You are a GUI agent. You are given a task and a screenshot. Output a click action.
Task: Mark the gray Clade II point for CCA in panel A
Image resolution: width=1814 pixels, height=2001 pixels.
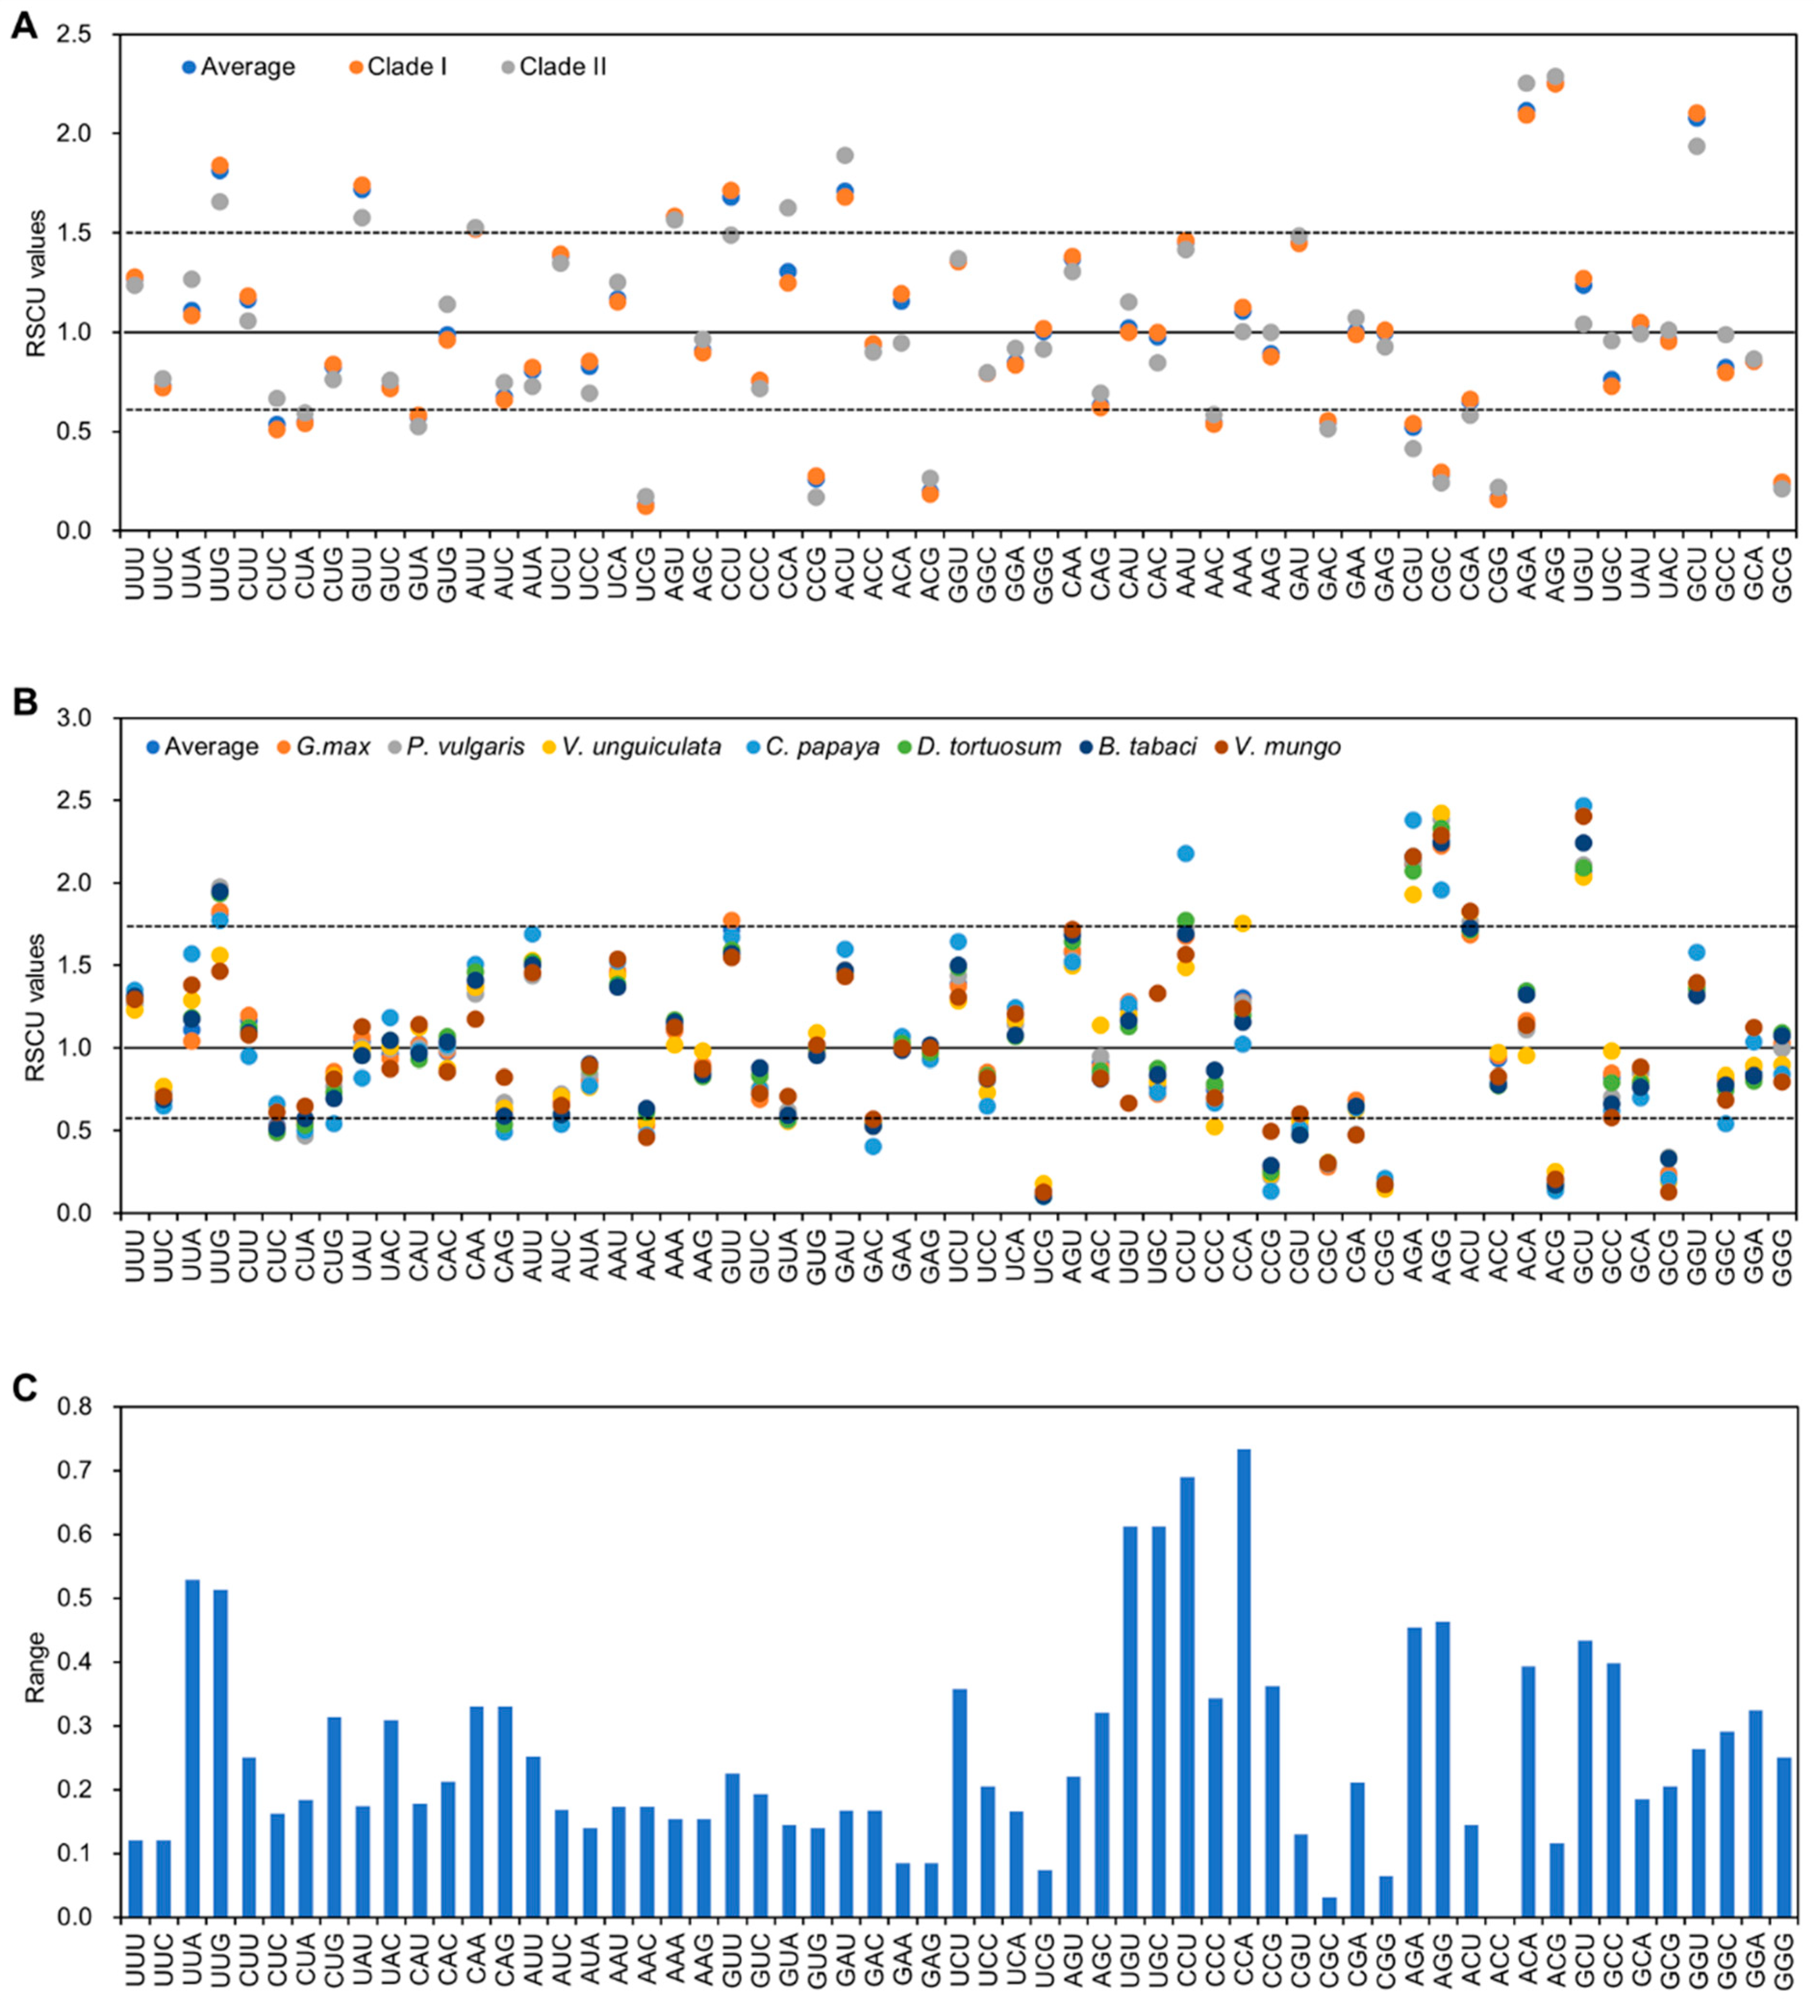(x=788, y=208)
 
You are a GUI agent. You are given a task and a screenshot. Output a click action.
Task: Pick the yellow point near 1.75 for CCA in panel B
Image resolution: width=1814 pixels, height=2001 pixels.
(x=1242, y=923)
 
